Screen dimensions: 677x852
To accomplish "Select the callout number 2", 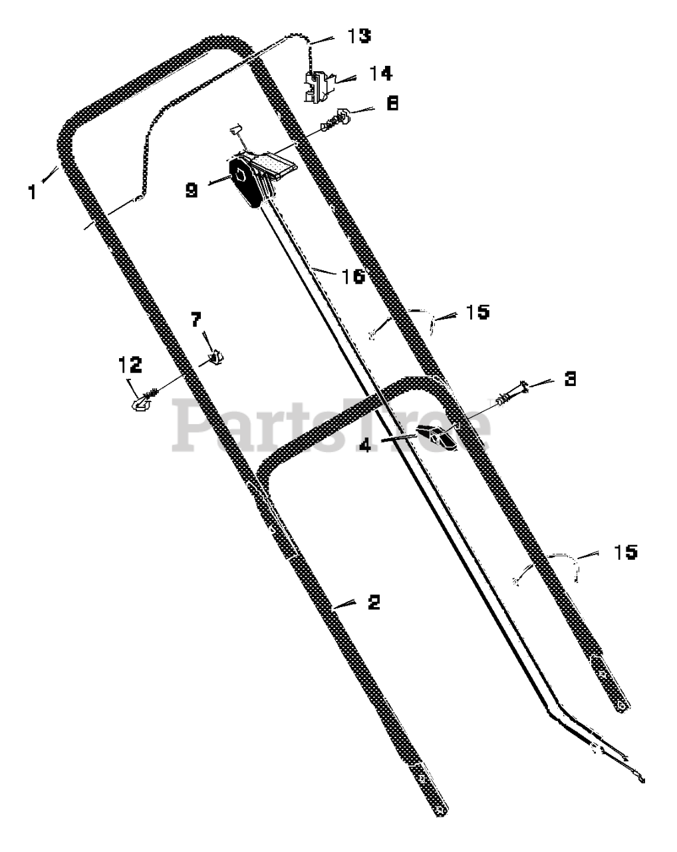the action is [x=374, y=602].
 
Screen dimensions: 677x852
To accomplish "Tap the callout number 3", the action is [x=570, y=379].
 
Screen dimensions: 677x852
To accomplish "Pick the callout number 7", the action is [x=196, y=319].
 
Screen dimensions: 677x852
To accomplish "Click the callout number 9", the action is [x=192, y=190].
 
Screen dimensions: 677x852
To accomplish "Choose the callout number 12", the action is [x=130, y=365].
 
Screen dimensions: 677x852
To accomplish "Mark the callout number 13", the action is [x=359, y=35].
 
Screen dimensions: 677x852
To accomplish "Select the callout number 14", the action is [x=380, y=73].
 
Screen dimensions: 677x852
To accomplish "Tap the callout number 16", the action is [x=353, y=276].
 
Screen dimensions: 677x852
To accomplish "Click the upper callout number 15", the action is [x=478, y=312].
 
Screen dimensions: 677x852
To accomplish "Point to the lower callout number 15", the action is [x=626, y=552].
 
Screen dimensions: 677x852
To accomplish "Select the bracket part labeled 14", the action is [x=317, y=87].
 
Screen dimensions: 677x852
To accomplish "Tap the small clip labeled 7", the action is [x=216, y=357].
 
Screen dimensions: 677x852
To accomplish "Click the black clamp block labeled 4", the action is [x=436, y=437].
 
